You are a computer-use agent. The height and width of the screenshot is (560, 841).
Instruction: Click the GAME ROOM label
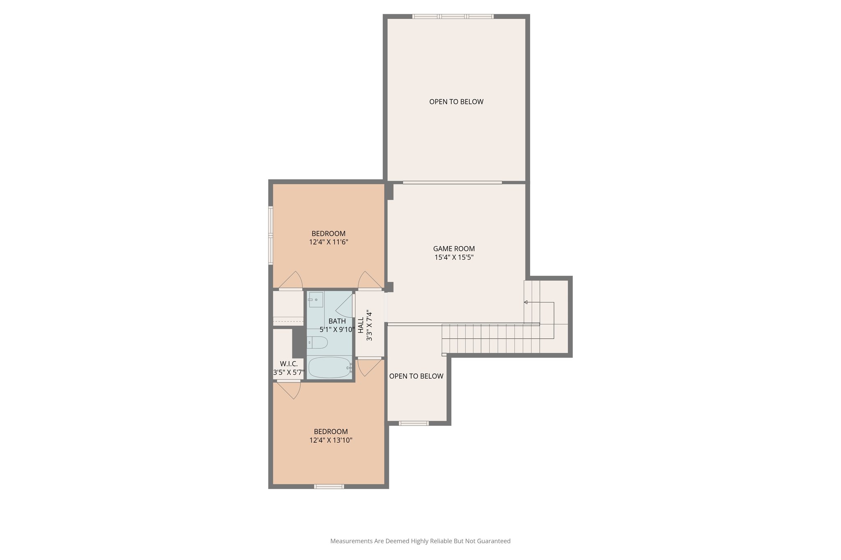pos(454,249)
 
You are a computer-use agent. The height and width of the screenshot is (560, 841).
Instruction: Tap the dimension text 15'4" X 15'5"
pos(454,258)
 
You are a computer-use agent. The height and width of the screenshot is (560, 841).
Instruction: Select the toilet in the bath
pos(317,342)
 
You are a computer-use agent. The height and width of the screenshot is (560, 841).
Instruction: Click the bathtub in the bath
pos(329,367)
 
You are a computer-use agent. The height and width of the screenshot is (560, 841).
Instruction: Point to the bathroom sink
pos(316,299)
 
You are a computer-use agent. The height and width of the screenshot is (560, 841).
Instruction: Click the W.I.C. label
pos(289,364)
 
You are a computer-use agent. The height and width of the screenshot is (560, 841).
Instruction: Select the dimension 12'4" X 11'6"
pos(329,242)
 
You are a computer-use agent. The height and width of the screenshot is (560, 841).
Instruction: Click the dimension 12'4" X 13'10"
pos(331,441)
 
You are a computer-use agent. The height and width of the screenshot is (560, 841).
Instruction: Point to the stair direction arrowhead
pos(526,302)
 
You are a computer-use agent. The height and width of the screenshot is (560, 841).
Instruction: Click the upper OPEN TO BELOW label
pos(456,102)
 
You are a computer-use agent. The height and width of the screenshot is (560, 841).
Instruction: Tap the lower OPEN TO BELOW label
pos(416,376)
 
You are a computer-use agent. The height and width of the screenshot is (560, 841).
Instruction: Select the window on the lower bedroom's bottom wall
pos(329,487)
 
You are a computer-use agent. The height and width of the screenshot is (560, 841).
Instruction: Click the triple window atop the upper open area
pos(453,17)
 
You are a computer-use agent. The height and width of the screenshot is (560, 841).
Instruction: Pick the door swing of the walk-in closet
pos(291,390)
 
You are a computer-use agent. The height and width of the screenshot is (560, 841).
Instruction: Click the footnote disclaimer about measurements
pos(420,541)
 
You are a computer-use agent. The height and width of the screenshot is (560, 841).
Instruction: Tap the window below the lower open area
pos(414,423)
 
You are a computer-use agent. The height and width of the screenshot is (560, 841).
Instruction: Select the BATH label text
pos(337,321)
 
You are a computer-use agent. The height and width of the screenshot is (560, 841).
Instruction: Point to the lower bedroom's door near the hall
pos(368,368)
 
